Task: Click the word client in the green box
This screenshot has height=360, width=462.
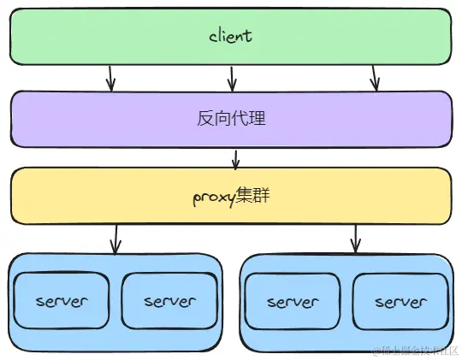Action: coord(231,37)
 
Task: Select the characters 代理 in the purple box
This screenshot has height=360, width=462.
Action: coord(249,118)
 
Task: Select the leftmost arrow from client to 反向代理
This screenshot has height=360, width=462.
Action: coord(110,77)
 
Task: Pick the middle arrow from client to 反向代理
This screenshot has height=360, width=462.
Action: coord(231,77)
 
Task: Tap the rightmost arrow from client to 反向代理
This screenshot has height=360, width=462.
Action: coord(374,77)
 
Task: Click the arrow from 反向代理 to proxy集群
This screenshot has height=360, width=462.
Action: coord(235,157)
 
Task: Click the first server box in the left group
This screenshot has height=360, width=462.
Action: coord(62,301)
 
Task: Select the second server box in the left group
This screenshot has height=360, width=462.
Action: coord(169,301)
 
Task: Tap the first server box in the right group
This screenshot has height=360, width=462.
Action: coord(293,302)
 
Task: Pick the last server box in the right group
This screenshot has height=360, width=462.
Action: coord(400,302)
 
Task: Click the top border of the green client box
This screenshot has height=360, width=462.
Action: coord(231,9)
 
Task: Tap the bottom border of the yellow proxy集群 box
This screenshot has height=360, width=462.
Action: coord(231,223)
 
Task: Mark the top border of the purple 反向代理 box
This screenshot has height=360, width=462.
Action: coord(231,91)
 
